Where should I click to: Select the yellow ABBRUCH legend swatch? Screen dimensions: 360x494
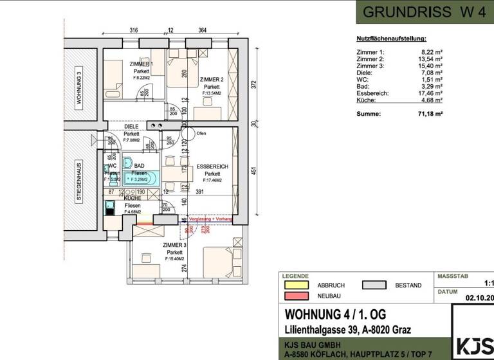tap(297, 285)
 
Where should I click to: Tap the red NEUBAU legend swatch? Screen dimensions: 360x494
tap(297, 296)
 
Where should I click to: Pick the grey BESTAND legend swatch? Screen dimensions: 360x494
tap(374, 285)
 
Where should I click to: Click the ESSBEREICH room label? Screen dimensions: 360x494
tap(212, 166)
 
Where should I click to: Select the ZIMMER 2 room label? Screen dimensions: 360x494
tap(212, 79)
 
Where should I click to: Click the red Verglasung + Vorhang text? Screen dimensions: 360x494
tap(209, 219)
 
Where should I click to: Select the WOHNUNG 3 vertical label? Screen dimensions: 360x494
tap(78, 89)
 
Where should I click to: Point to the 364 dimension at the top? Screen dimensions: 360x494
tap(202, 30)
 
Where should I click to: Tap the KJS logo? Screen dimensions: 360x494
tap(474, 345)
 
